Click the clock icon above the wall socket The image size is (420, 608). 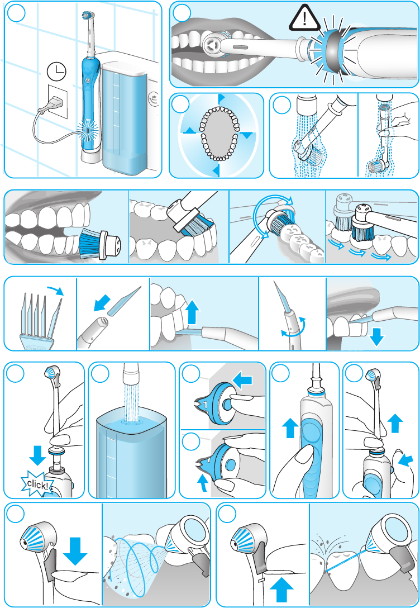click(x=56, y=72)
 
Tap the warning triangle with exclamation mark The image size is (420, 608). click(x=304, y=18)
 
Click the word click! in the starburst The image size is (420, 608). click(x=37, y=484)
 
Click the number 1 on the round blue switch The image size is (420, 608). click(x=206, y=405)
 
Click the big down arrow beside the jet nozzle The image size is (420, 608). click(x=75, y=551)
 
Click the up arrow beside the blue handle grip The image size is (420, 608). click(x=290, y=427)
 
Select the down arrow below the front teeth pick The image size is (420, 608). click(x=376, y=336)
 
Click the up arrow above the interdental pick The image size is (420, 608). click(x=193, y=313)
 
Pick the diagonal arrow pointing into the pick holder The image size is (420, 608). click(x=102, y=303)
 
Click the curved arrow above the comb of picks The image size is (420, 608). click(x=55, y=291)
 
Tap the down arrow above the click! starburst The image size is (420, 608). click(x=37, y=455)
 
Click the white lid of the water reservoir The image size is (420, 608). click(x=125, y=68)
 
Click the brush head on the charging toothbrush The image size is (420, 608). click(x=88, y=15)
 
